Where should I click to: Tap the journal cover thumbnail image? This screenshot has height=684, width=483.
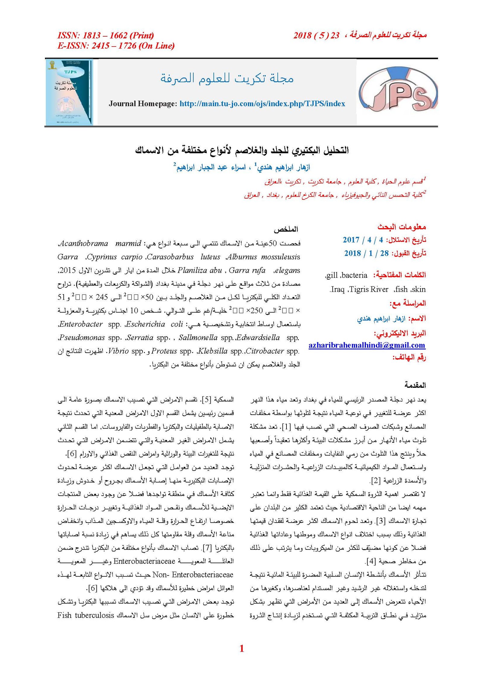(69, 92)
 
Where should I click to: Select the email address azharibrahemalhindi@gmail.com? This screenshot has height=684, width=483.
(366, 345)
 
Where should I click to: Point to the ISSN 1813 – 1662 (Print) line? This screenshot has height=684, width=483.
(106, 36)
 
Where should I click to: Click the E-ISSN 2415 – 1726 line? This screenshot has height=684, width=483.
(116, 46)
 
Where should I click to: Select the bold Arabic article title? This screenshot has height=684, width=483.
(241, 150)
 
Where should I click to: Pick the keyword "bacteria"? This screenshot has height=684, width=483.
(354, 275)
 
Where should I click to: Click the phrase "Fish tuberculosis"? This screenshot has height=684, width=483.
(86, 615)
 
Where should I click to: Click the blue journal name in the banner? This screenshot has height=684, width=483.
(227, 78)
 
